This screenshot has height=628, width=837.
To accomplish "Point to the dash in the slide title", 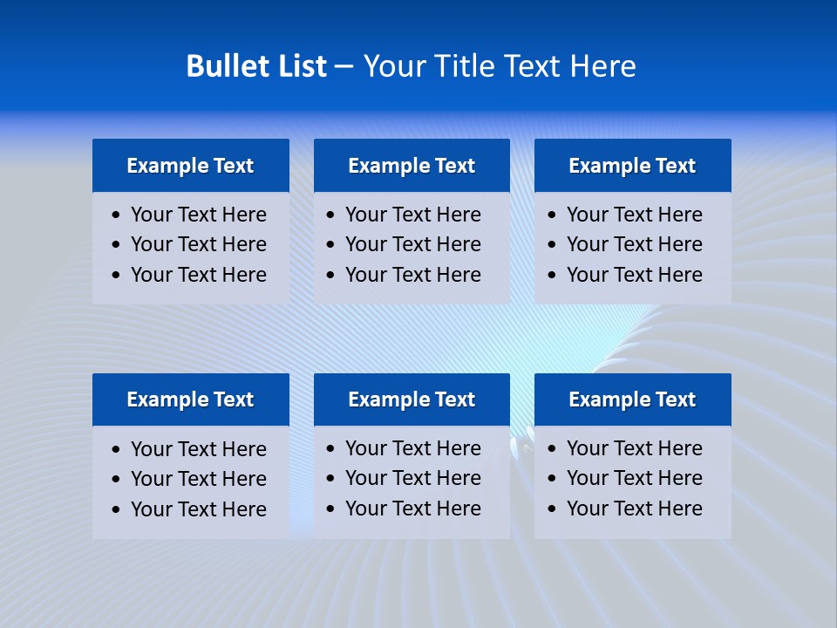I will [x=344, y=66].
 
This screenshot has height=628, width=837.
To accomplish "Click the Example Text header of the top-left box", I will [x=190, y=166].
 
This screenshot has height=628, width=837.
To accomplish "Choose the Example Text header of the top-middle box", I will [x=412, y=166].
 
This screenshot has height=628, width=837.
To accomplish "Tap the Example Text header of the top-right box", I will [x=632, y=166].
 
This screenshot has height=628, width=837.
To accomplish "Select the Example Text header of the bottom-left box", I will [x=190, y=399].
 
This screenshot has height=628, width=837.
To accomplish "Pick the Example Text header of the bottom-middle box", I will [x=412, y=399].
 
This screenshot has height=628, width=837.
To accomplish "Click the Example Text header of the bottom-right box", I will [x=632, y=399].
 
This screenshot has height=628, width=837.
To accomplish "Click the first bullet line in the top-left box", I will [x=198, y=215].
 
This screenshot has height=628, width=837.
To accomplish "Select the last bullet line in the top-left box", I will [x=198, y=275].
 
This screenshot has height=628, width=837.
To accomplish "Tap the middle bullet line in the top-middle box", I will [x=412, y=244].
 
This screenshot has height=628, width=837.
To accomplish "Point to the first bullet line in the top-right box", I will [x=634, y=215].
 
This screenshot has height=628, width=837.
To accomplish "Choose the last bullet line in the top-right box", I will [x=634, y=275].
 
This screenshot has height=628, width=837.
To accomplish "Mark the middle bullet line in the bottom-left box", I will [x=198, y=479].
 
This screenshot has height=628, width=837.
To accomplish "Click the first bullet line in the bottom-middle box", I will [x=412, y=448].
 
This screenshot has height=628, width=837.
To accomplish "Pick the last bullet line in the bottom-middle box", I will [x=412, y=509].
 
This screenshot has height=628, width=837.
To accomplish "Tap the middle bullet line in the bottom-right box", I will [x=634, y=478].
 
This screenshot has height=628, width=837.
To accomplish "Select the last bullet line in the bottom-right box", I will [x=634, y=509].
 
